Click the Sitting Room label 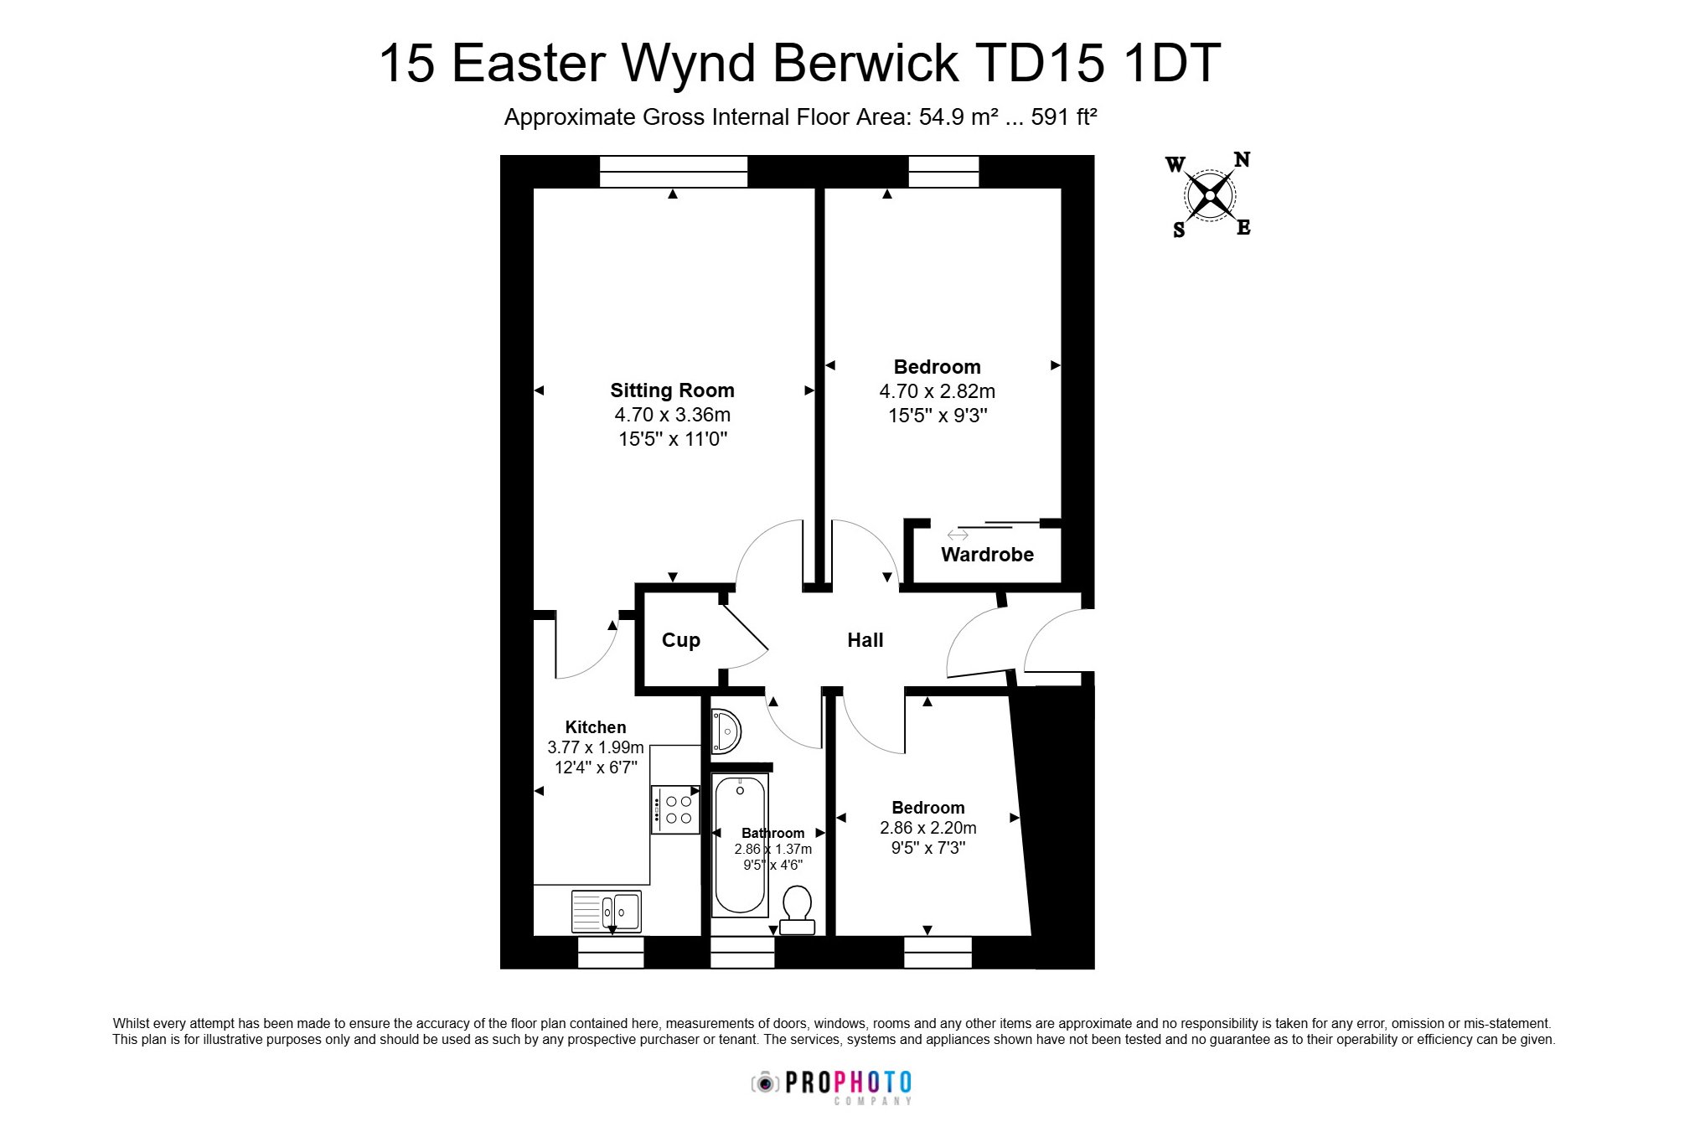point(672,390)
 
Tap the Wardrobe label point(987,555)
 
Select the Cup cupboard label point(680,641)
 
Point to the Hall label point(865,640)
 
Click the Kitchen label point(596,727)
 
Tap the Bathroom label point(772,833)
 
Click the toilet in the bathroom point(797,910)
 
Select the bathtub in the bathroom point(740,845)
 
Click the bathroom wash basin point(726,731)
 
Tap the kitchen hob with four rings point(675,809)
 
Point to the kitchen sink point(606,911)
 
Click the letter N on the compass point(1242,159)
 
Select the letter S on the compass point(1179,230)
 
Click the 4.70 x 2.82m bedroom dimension point(937,391)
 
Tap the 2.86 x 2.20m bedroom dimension point(927,828)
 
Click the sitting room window point(674,172)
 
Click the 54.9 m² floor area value point(958,117)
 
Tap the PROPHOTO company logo point(831,1087)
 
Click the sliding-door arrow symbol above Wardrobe point(958,535)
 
